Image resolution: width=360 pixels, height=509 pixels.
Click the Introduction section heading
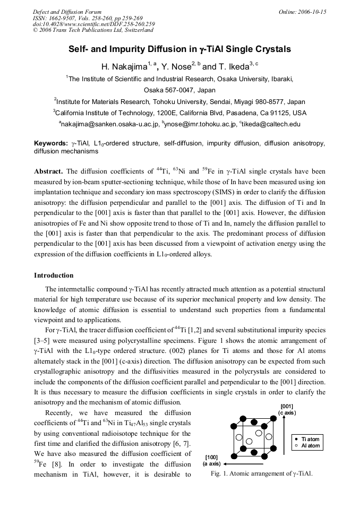point(54,275)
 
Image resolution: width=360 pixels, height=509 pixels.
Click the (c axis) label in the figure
point(287,413)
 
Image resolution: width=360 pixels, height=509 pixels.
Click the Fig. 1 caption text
point(261,473)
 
